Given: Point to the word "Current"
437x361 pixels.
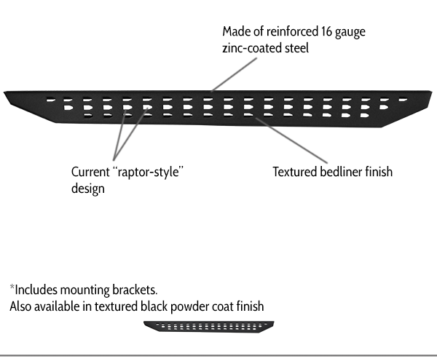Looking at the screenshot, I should coord(90,172).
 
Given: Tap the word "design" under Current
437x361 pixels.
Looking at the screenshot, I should coord(88,189).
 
